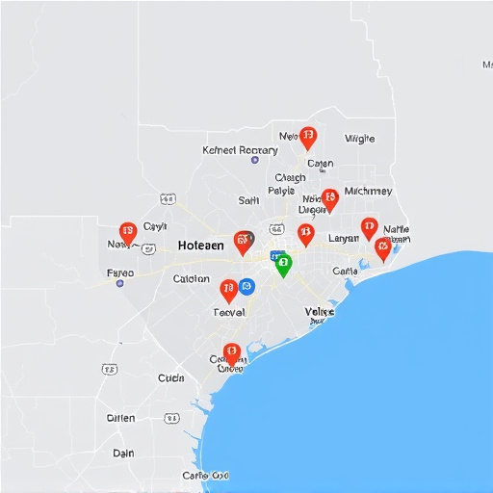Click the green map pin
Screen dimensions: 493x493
click(x=282, y=263)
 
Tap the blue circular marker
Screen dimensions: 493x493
click(x=246, y=286)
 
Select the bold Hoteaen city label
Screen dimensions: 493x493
click(x=201, y=246)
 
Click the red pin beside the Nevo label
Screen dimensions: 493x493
click(x=307, y=138)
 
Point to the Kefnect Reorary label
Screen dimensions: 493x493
click(x=240, y=150)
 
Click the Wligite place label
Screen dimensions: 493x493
click(x=359, y=139)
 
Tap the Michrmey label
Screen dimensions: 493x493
click(x=368, y=191)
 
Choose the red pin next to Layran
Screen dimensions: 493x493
click(x=305, y=233)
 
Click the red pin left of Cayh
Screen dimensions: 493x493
click(x=128, y=233)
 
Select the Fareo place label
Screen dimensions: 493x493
click(x=120, y=272)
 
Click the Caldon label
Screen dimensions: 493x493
click(x=191, y=279)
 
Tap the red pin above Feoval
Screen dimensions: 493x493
click(x=228, y=289)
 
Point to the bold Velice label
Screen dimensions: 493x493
click(x=320, y=312)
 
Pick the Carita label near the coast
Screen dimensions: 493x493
click(x=345, y=272)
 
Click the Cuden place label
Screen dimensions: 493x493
click(x=170, y=378)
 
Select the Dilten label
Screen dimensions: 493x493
click(x=120, y=418)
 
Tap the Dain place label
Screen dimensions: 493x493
click(x=123, y=453)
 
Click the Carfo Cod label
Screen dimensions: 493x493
click(x=206, y=476)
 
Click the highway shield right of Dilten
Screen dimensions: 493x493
click(x=171, y=418)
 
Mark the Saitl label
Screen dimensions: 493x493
click(x=248, y=200)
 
